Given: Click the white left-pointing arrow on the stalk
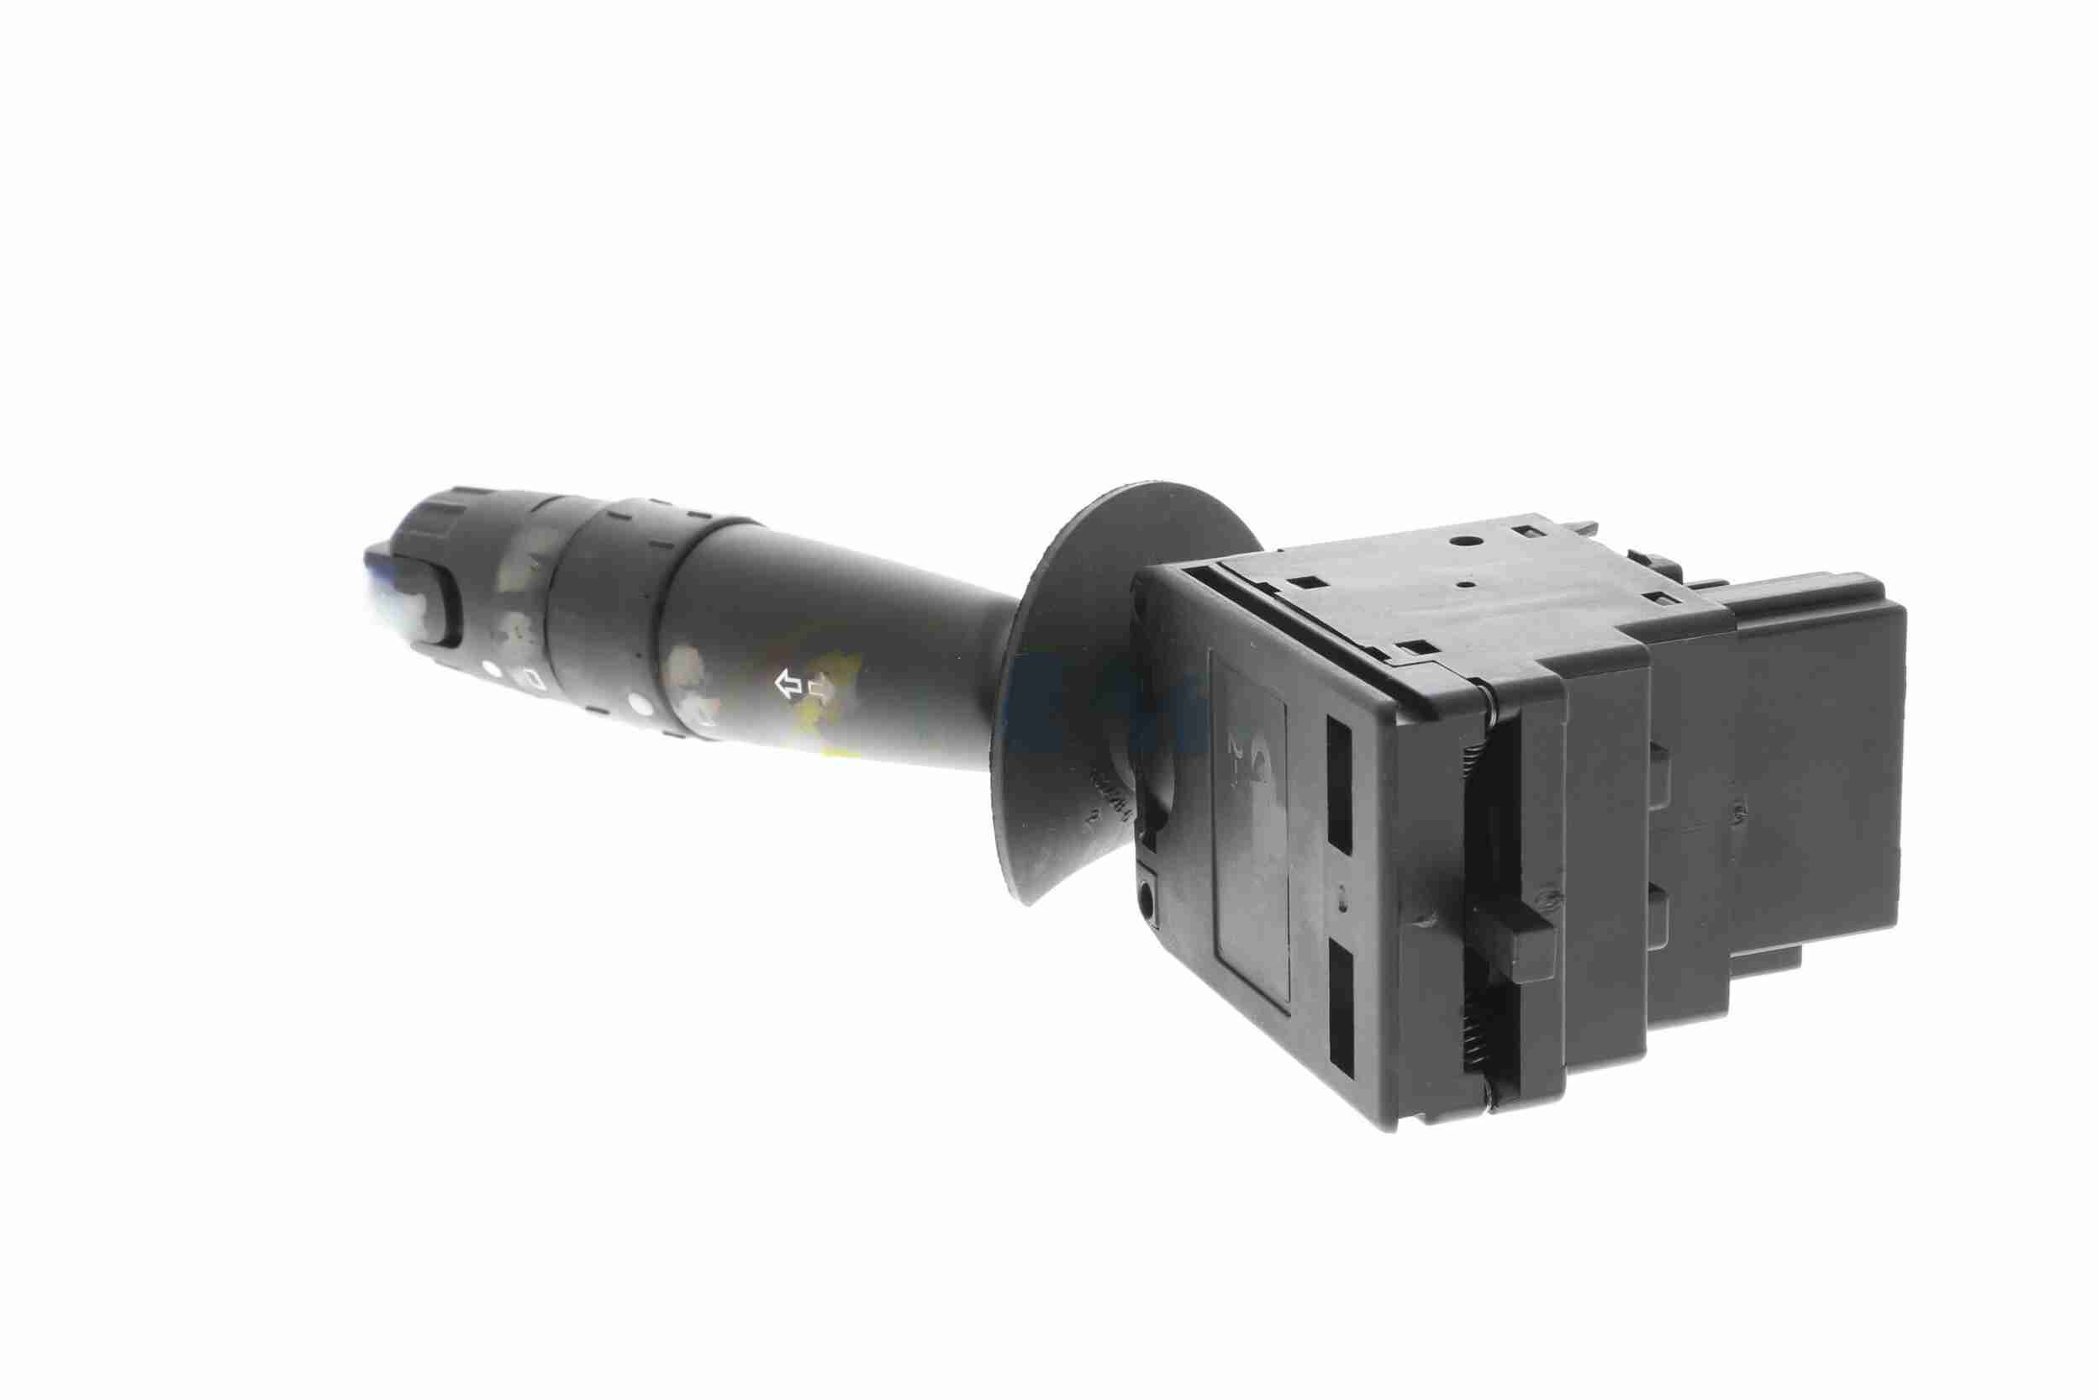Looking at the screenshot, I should (787, 686).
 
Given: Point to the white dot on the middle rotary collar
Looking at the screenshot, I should (637, 704).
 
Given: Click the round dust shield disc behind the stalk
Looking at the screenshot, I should (1072, 679).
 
